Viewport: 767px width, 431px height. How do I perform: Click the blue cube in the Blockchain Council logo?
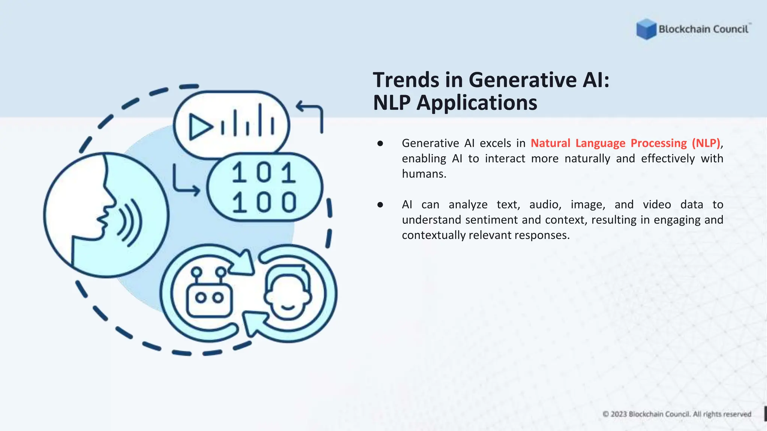[646, 29]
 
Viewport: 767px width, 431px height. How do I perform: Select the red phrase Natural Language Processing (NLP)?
[625, 143]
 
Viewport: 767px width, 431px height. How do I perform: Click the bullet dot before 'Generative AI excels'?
[380, 143]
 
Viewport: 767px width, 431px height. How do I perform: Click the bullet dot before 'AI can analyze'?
[380, 205]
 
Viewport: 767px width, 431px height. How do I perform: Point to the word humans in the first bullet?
[424, 174]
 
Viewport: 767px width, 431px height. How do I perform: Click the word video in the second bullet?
[657, 205]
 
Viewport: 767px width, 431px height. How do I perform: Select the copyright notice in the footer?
[677, 414]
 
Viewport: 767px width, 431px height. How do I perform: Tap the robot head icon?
[209, 294]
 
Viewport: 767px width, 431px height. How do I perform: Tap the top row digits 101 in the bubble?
[264, 173]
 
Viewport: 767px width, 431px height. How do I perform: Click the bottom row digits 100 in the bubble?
[264, 202]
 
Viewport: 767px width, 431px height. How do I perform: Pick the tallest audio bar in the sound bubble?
[260, 120]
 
